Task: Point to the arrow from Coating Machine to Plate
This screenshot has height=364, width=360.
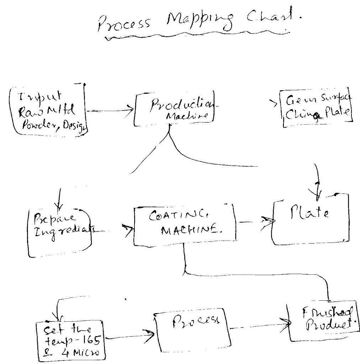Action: (x=254, y=221)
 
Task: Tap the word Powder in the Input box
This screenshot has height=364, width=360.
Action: (x=39, y=124)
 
